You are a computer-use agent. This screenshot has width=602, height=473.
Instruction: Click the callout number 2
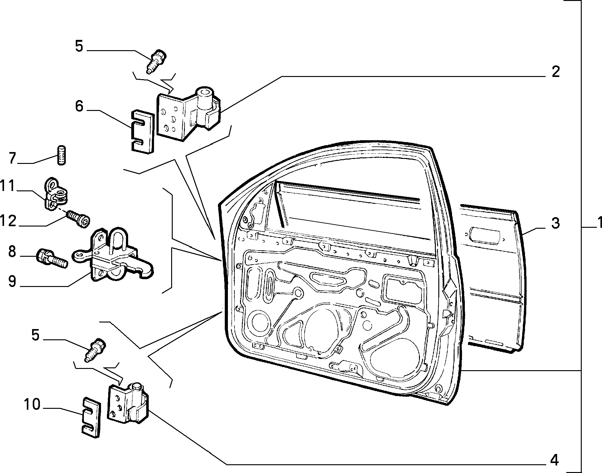click(556, 72)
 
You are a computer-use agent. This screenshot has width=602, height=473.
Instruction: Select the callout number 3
click(555, 223)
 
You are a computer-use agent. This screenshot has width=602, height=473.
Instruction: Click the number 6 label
click(79, 106)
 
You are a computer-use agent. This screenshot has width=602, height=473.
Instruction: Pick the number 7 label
click(12, 158)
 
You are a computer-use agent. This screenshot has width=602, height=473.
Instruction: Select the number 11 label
click(8, 186)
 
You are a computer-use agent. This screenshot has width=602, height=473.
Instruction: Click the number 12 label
click(8, 221)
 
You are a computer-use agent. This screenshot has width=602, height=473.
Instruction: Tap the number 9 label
click(12, 281)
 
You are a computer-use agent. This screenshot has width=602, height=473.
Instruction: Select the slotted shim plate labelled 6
click(142, 131)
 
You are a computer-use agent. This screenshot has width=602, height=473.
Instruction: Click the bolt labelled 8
click(52, 258)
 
